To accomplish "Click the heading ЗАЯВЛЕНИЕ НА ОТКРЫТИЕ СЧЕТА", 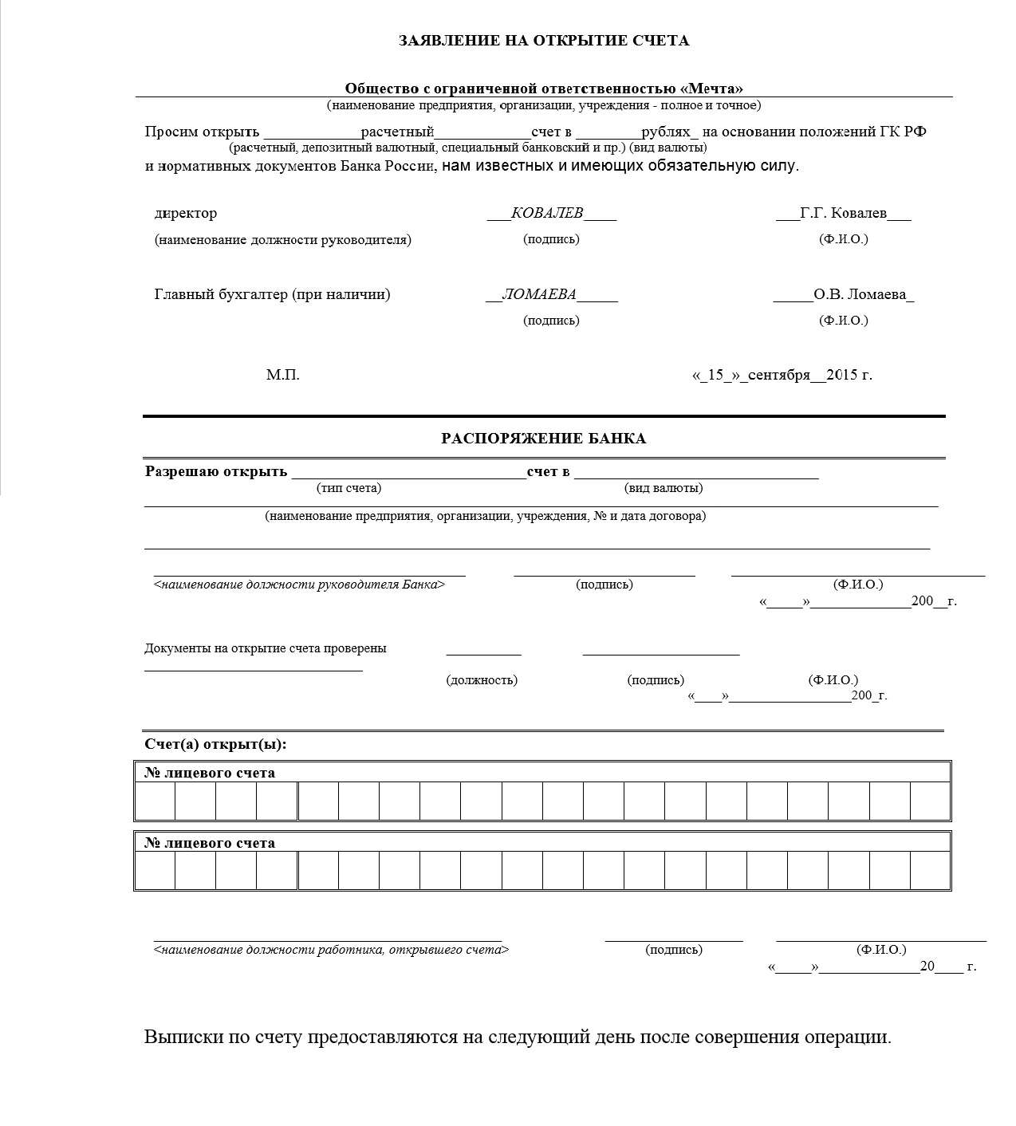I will (x=544, y=41).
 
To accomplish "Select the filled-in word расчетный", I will (x=397, y=132).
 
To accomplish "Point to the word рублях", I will (x=667, y=132).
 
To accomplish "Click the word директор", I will (x=186, y=214).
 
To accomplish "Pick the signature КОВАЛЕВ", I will (x=547, y=213).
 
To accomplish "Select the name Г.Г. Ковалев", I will (x=843, y=213).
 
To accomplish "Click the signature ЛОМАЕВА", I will (x=539, y=294).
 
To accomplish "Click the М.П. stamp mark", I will (x=283, y=375).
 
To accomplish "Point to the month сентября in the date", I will (x=779, y=375).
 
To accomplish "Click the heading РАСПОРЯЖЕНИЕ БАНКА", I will (x=544, y=439).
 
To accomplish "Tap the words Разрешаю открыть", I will (x=216, y=471).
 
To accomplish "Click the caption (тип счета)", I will (x=349, y=488).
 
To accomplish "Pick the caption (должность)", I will (x=482, y=680).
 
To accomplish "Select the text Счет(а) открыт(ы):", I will (x=215, y=744).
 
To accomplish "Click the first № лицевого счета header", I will (x=210, y=773).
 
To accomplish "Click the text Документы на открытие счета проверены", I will (x=265, y=648).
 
